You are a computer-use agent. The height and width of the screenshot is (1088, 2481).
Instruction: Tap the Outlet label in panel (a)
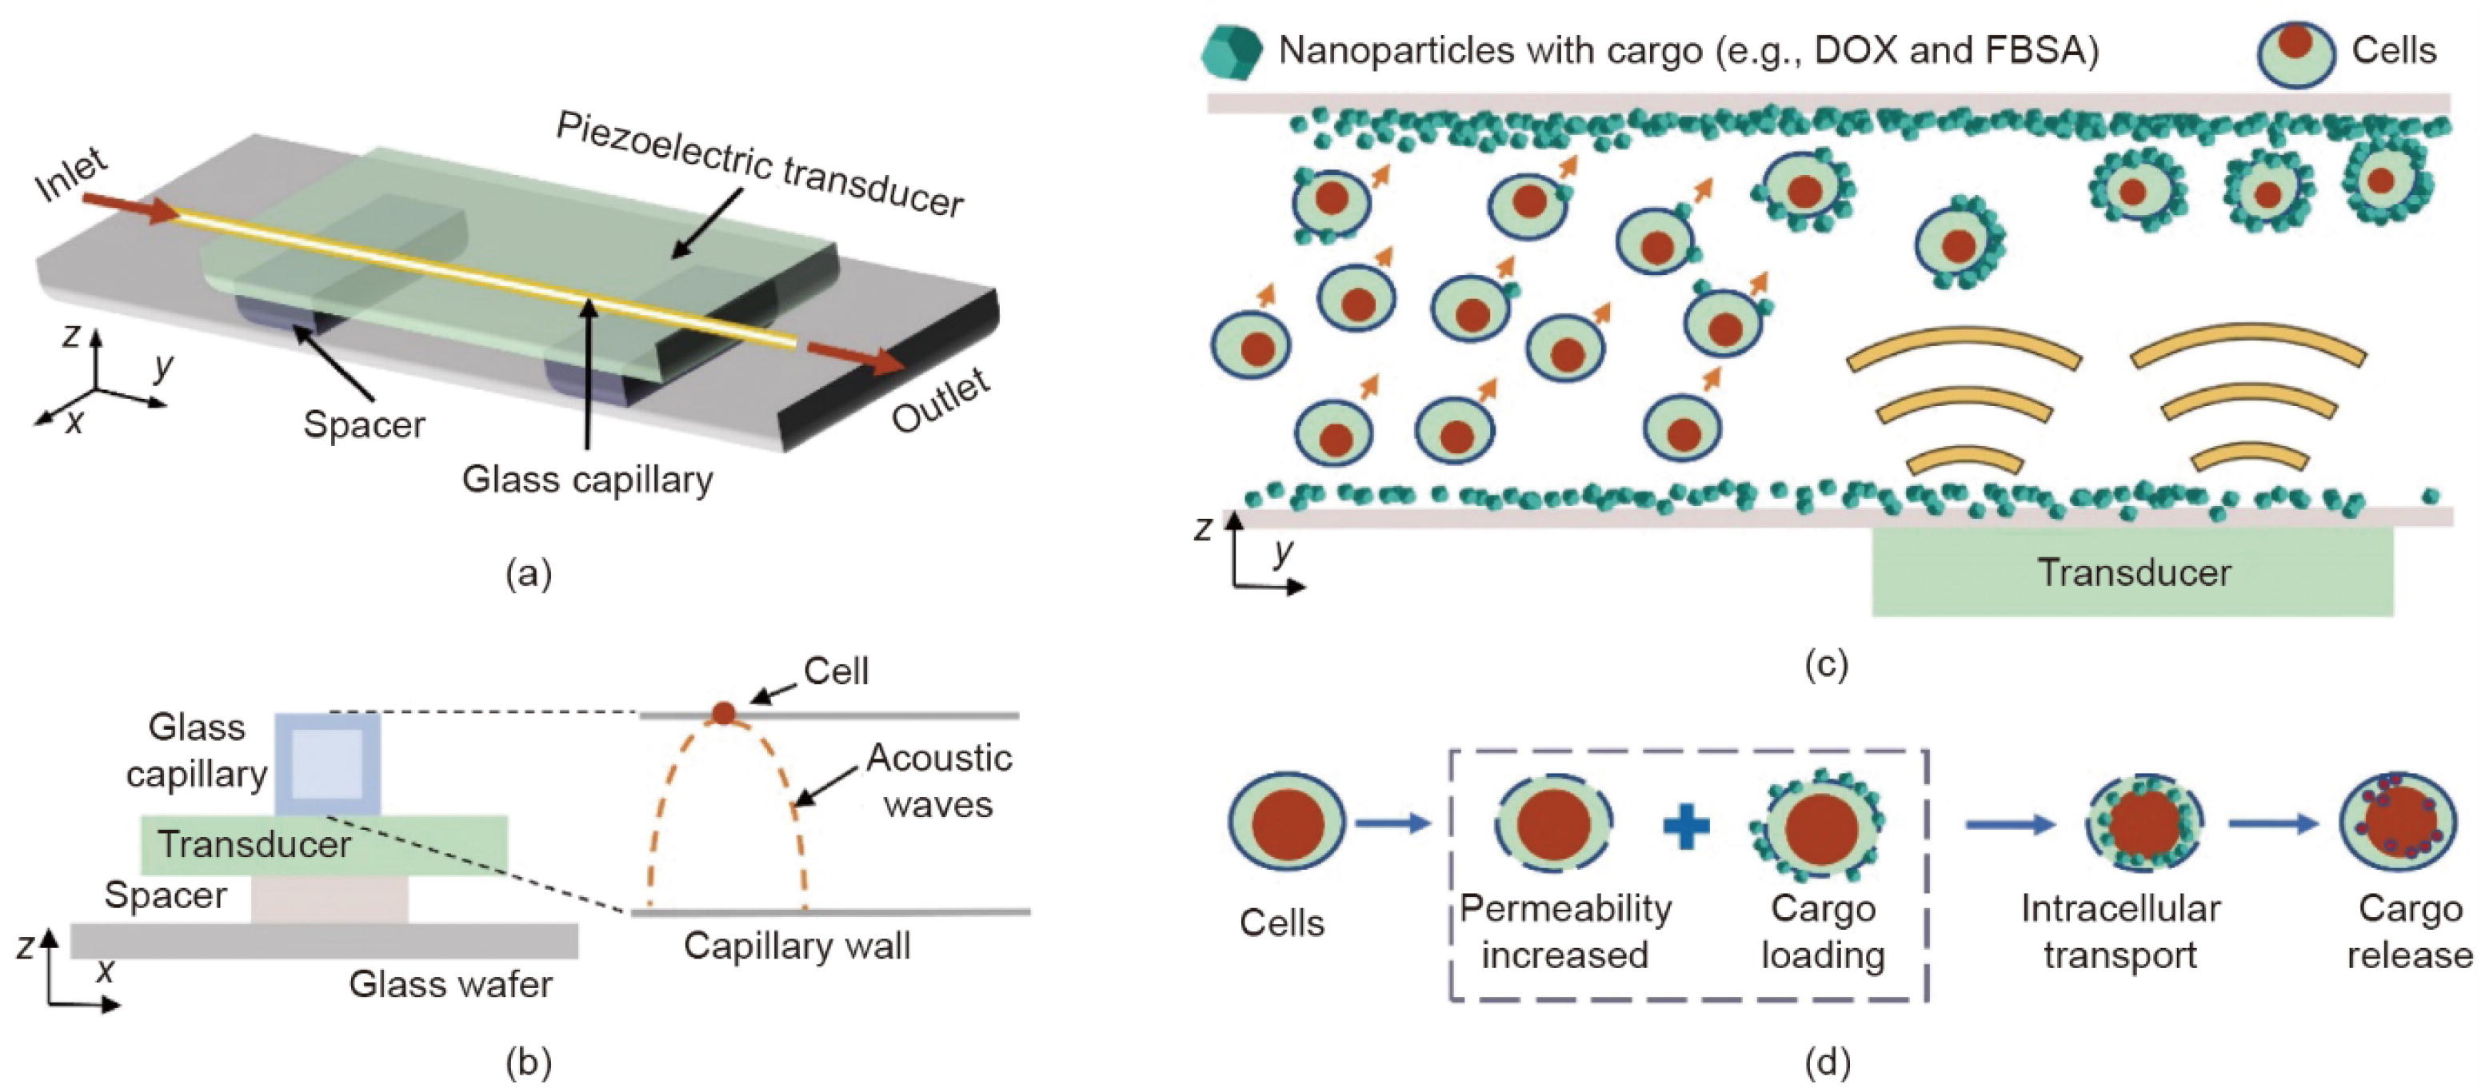[941, 400]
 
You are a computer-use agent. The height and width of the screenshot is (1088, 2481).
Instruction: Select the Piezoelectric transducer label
[760, 165]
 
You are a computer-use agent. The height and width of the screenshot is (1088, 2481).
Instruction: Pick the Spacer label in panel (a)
[364, 424]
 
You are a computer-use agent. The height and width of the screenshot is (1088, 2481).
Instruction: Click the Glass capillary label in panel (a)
[588, 480]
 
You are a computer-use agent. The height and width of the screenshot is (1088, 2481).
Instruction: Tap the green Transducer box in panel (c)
[2132, 572]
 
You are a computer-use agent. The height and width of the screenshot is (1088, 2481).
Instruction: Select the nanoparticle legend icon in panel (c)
[1231, 51]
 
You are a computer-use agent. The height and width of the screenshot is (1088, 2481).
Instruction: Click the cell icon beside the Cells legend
[2296, 53]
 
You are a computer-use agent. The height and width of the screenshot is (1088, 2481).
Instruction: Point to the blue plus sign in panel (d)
[1687, 826]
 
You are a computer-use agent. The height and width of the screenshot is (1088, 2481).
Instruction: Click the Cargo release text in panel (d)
[2410, 931]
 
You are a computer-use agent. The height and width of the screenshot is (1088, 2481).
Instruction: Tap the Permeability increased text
[1565, 931]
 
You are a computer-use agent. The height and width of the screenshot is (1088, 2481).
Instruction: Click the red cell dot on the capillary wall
[723, 712]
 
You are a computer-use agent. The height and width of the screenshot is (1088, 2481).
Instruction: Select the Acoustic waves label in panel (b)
[939, 781]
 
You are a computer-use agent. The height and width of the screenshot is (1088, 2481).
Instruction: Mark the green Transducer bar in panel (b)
[324, 844]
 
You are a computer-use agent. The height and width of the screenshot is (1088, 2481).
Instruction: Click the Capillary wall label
[797, 947]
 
